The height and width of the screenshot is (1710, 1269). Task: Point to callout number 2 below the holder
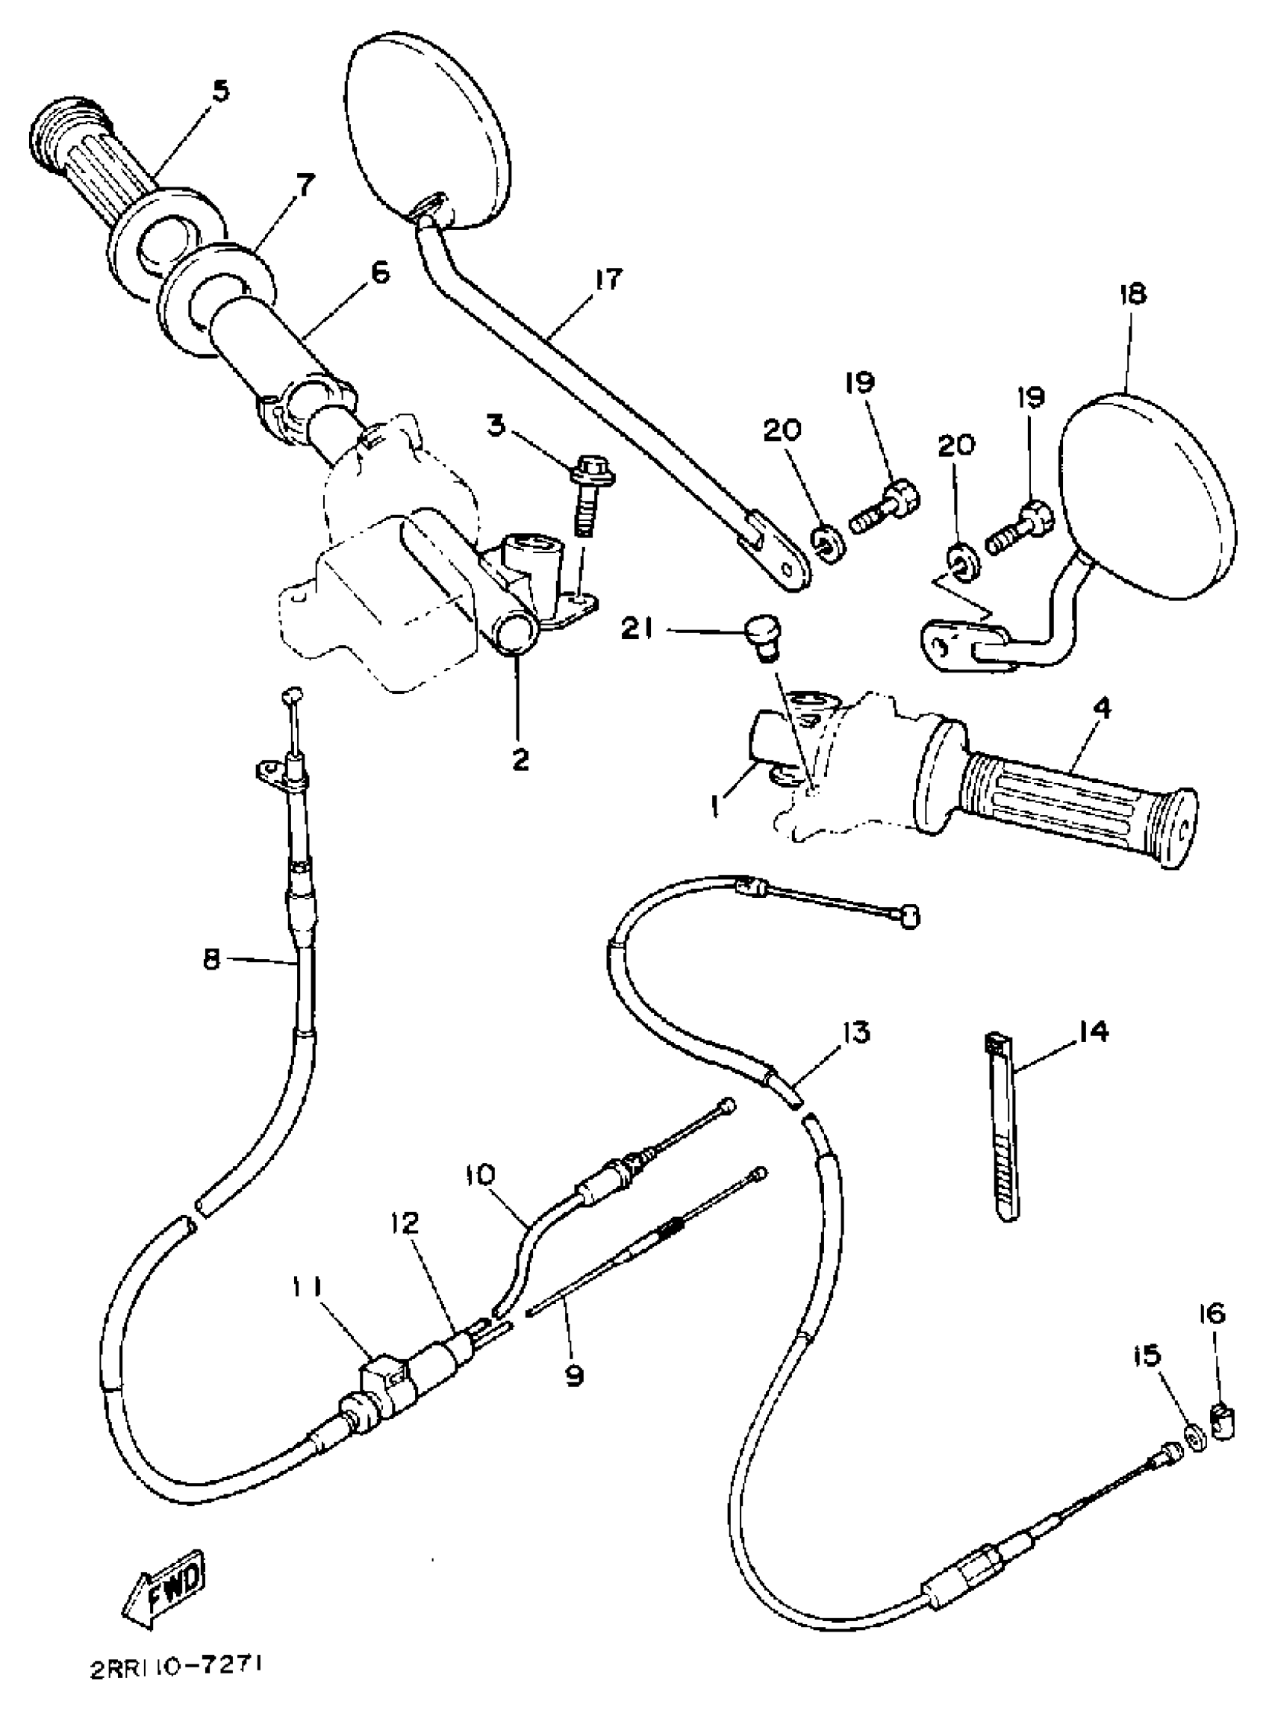point(520,760)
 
